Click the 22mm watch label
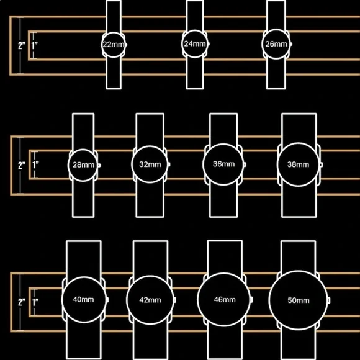pyautogui.click(x=114, y=44)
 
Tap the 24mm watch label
pyautogui.click(x=195, y=43)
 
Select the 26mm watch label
pyautogui.click(x=276, y=44)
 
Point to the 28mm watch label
pyautogui.click(x=83, y=165)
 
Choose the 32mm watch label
pyautogui.click(x=150, y=164)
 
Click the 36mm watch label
pyautogui.click(x=223, y=164)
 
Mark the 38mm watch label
pyautogui.click(x=298, y=164)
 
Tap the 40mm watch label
pyautogui.click(x=83, y=299)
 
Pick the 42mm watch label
pyautogui.click(x=150, y=300)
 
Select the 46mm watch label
pyautogui.click(x=225, y=299)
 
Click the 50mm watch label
pyautogui.click(x=298, y=300)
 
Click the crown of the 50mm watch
pyautogui.click(x=329, y=300)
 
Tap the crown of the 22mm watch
pyautogui.click(x=126, y=45)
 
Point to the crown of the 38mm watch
pyautogui.click(x=322, y=164)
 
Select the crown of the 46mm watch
pyautogui.click(x=251, y=300)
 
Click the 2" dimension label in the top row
pyautogui.click(x=22, y=46)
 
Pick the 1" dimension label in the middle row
pyautogui.click(x=35, y=165)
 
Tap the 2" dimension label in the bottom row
pyautogui.click(x=22, y=302)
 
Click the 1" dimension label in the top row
pyautogui.click(x=35, y=46)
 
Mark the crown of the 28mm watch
pyautogui.click(x=99, y=165)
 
